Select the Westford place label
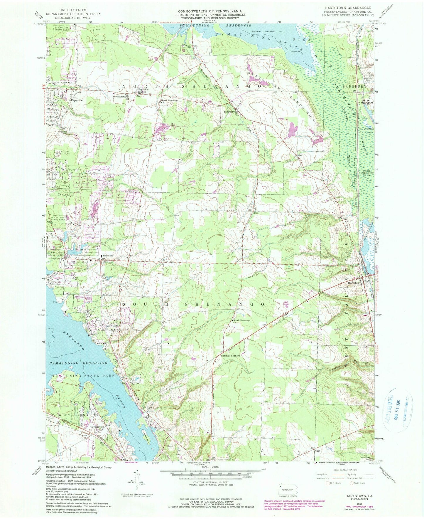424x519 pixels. coord(107,256)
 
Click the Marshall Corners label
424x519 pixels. coord(230,356)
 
